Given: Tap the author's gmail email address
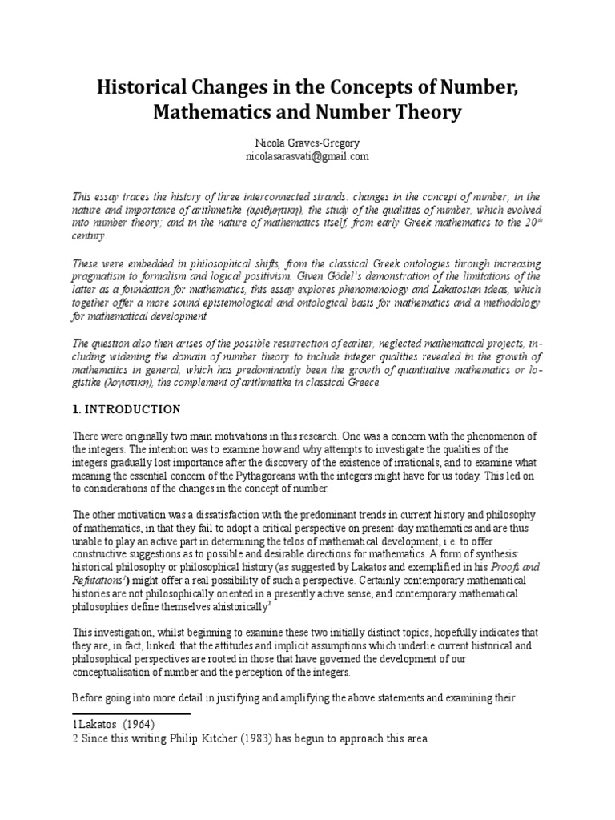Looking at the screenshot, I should pos(307,156).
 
